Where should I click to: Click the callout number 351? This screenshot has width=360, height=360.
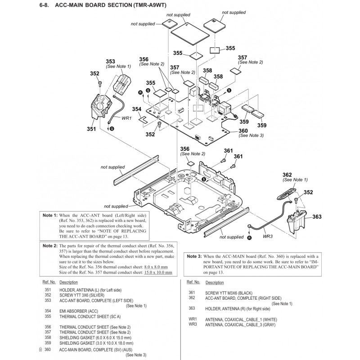[x=91, y=129]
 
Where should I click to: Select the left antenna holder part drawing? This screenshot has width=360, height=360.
[x=100, y=106]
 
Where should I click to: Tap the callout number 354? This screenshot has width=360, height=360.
[x=137, y=109]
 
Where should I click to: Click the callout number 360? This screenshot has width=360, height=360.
[x=243, y=130]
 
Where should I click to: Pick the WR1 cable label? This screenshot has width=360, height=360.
[x=126, y=118]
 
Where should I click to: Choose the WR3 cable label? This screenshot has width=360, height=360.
[x=268, y=236]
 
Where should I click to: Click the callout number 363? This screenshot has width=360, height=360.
[x=317, y=217]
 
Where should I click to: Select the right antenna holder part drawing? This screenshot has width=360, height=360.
[x=296, y=221]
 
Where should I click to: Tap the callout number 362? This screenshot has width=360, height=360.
[x=287, y=175]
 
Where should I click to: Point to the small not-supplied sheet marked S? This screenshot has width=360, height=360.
[x=170, y=23]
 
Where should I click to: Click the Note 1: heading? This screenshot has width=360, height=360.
[x=50, y=216]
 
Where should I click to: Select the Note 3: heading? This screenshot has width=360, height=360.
[x=194, y=256]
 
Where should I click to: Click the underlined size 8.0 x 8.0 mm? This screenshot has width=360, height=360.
[x=156, y=267]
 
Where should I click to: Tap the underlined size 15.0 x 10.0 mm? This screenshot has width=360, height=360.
[x=158, y=273]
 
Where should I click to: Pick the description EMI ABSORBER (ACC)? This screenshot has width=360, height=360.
[x=79, y=311]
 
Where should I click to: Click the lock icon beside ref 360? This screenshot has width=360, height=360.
[x=40, y=350]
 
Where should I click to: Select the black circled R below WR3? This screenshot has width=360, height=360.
[x=250, y=238]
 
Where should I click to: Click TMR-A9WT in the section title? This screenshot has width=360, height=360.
[x=150, y=5]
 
